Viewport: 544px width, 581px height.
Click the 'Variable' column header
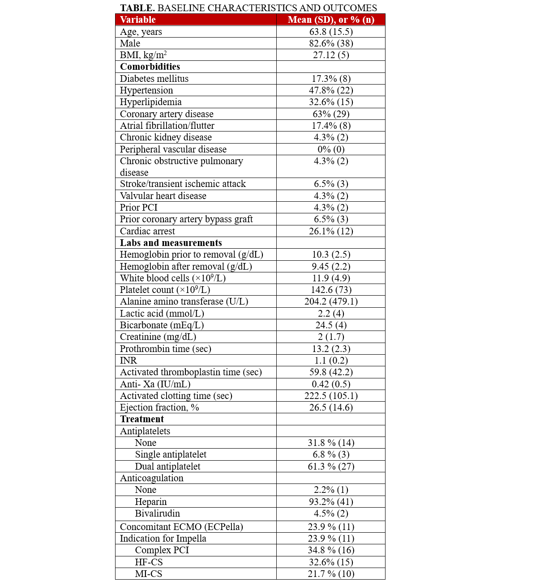point(138,20)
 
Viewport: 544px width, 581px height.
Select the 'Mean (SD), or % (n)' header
point(331,20)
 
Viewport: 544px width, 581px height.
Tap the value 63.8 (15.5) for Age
point(331,32)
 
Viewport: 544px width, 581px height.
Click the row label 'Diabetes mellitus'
point(154,79)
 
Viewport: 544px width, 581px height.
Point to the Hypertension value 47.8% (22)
point(331,90)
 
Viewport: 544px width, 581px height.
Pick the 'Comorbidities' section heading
point(150,67)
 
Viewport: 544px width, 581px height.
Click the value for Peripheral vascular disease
point(331,149)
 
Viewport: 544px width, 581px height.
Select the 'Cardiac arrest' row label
point(147,231)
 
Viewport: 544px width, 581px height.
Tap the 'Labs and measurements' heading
point(171,243)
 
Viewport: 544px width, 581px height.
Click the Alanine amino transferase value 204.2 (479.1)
point(331,301)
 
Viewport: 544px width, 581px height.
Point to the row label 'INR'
point(129,360)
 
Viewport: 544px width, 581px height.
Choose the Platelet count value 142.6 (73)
point(331,290)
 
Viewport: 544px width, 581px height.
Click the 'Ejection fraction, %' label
point(159,407)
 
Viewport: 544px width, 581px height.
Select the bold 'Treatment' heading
point(142,419)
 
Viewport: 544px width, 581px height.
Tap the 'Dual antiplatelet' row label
point(167,466)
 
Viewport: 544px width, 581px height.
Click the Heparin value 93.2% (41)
point(331,502)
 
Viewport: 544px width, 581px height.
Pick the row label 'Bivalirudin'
point(157,513)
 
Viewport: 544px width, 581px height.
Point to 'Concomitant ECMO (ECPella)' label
point(181,527)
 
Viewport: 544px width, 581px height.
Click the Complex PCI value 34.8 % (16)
point(331,550)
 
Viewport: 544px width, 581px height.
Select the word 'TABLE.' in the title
point(137,8)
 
